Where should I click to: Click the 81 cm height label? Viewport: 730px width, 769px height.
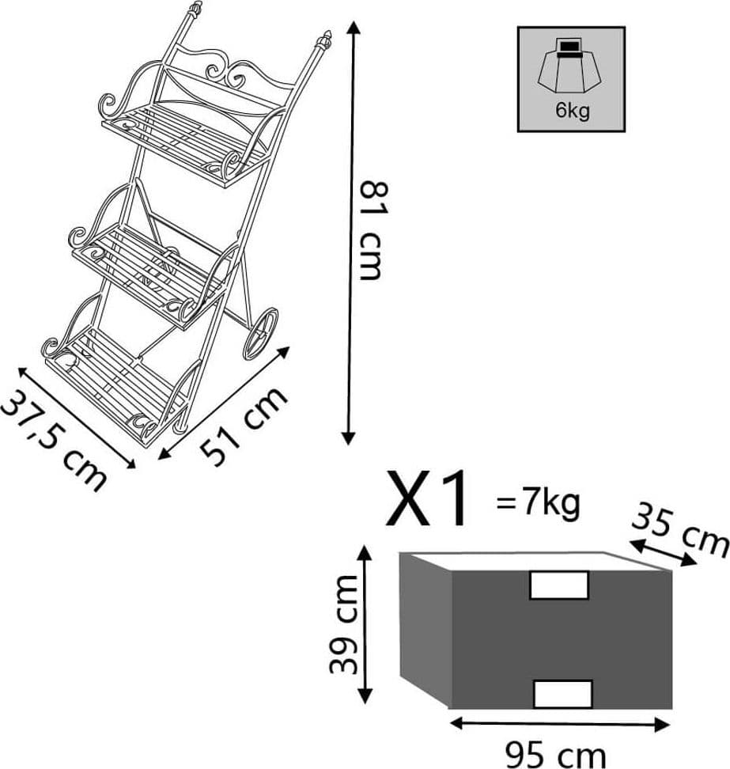pyautogui.click(x=371, y=230)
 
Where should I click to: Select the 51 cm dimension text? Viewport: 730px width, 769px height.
pyautogui.click(x=244, y=426)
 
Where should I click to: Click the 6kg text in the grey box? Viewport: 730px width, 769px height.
pyautogui.click(x=572, y=110)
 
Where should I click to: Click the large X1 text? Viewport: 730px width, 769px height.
pyautogui.click(x=426, y=498)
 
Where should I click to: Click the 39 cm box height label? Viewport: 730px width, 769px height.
pyautogui.click(x=344, y=624)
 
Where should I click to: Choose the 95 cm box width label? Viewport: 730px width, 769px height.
pyautogui.click(x=555, y=756)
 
